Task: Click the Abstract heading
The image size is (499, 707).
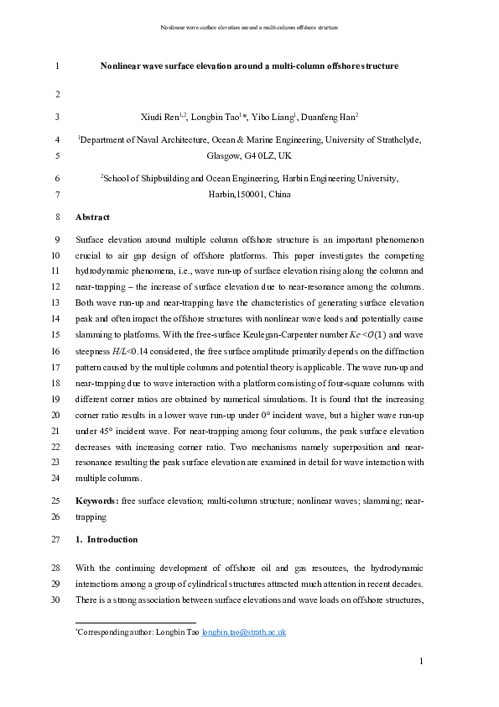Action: [x=92, y=217]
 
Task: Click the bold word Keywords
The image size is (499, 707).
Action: [x=97, y=501]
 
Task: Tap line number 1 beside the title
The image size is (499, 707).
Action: [x=55, y=65]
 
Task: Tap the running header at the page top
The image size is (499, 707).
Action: [x=249, y=28]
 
